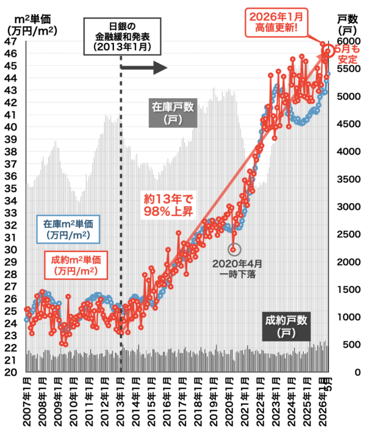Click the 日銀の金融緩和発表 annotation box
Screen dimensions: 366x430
[x=122, y=37]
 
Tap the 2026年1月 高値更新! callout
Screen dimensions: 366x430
[x=276, y=23]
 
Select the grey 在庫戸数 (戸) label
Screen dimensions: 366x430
[x=173, y=113]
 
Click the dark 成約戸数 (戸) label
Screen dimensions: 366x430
[x=286, y=326]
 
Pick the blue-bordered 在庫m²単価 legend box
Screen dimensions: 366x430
[x=68, y=229]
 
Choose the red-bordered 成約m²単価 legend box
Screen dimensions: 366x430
[x=76, y=265]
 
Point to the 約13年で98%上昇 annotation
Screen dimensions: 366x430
[x=168, y=205]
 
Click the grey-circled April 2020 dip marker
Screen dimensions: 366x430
[x=234, y=249]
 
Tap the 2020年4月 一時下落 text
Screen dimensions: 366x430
[x=237, y=269]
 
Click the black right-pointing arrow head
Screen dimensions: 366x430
[x=160, y=68]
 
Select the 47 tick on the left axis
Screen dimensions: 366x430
[x=10, y=41]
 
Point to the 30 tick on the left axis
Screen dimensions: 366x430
[x=10, y=250]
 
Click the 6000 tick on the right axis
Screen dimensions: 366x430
[x=348, y=41]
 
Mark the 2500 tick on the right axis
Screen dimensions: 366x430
[x=348, y=234]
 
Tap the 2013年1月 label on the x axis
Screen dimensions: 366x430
[x=121, y=402]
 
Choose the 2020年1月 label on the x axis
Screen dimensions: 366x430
[x=229, y=402]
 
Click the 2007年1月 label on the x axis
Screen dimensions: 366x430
[x=27, y=402]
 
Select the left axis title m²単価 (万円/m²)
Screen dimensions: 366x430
[x=32, y=24]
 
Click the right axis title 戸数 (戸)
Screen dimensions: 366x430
[x=347, y=24]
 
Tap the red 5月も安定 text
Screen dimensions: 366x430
[x=348, y=54]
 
